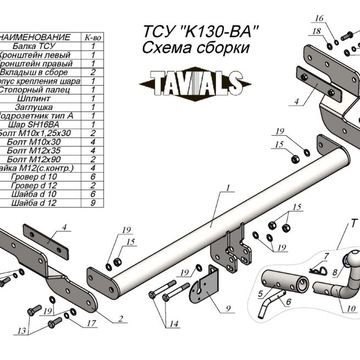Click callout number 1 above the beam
[225, 189]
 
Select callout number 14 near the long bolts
[174, 324]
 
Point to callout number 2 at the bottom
[120, 319]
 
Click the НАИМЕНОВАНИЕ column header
[36, 37]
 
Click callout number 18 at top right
[317, 31]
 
